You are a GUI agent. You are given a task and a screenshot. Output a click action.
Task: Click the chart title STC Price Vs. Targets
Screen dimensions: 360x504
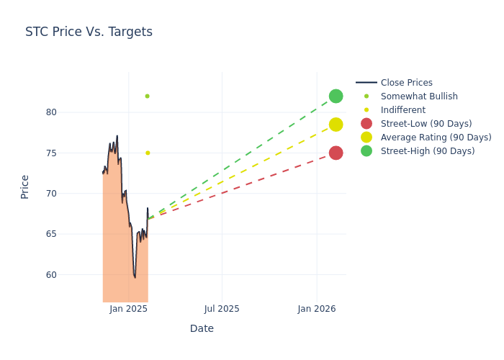89,32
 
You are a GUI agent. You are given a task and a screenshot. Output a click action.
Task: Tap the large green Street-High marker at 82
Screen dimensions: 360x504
336,96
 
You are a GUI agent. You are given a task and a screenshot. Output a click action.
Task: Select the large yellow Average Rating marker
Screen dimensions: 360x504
336,125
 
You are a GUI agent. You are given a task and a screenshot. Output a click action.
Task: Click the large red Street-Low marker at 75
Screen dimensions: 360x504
336,153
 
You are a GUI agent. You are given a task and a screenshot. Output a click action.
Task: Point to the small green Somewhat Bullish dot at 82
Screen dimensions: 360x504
147,96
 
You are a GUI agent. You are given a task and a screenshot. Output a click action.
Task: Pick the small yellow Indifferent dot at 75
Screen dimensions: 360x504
148,153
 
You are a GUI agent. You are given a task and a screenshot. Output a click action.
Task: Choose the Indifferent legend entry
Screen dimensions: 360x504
402,110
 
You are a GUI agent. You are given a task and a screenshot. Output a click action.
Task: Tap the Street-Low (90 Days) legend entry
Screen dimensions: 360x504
426,124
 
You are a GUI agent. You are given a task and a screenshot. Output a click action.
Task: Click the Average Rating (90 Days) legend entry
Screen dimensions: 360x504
436,138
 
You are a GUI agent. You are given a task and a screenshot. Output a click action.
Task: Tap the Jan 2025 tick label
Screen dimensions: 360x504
129,309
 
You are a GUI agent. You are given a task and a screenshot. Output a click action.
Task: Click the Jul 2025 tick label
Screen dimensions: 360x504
222,309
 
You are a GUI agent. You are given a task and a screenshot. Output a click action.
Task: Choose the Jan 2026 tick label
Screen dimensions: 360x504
317,309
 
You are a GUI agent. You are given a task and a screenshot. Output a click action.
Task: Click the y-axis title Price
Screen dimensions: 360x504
25,186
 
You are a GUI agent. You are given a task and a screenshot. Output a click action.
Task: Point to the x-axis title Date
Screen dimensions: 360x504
202,329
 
